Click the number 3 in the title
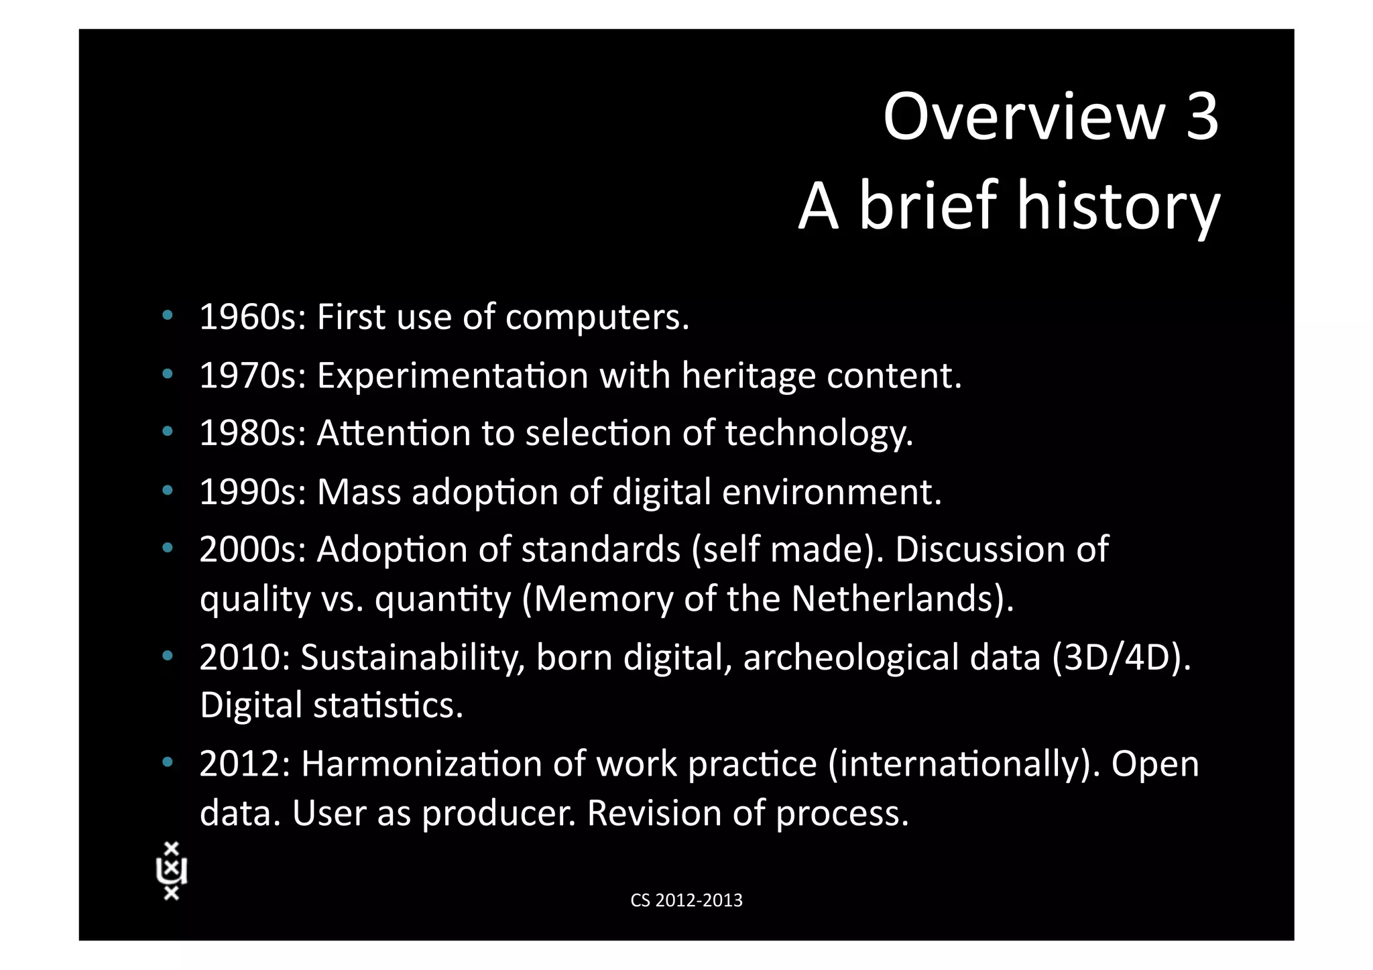(1201, 117)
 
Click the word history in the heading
(1118, 206)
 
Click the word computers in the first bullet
(597, 318)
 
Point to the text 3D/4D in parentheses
(1121, 657)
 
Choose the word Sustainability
(412, 657)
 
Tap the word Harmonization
(422, 764)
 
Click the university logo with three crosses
(172, 871)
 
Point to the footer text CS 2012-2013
(686, 900)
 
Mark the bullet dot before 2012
(168, 762)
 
